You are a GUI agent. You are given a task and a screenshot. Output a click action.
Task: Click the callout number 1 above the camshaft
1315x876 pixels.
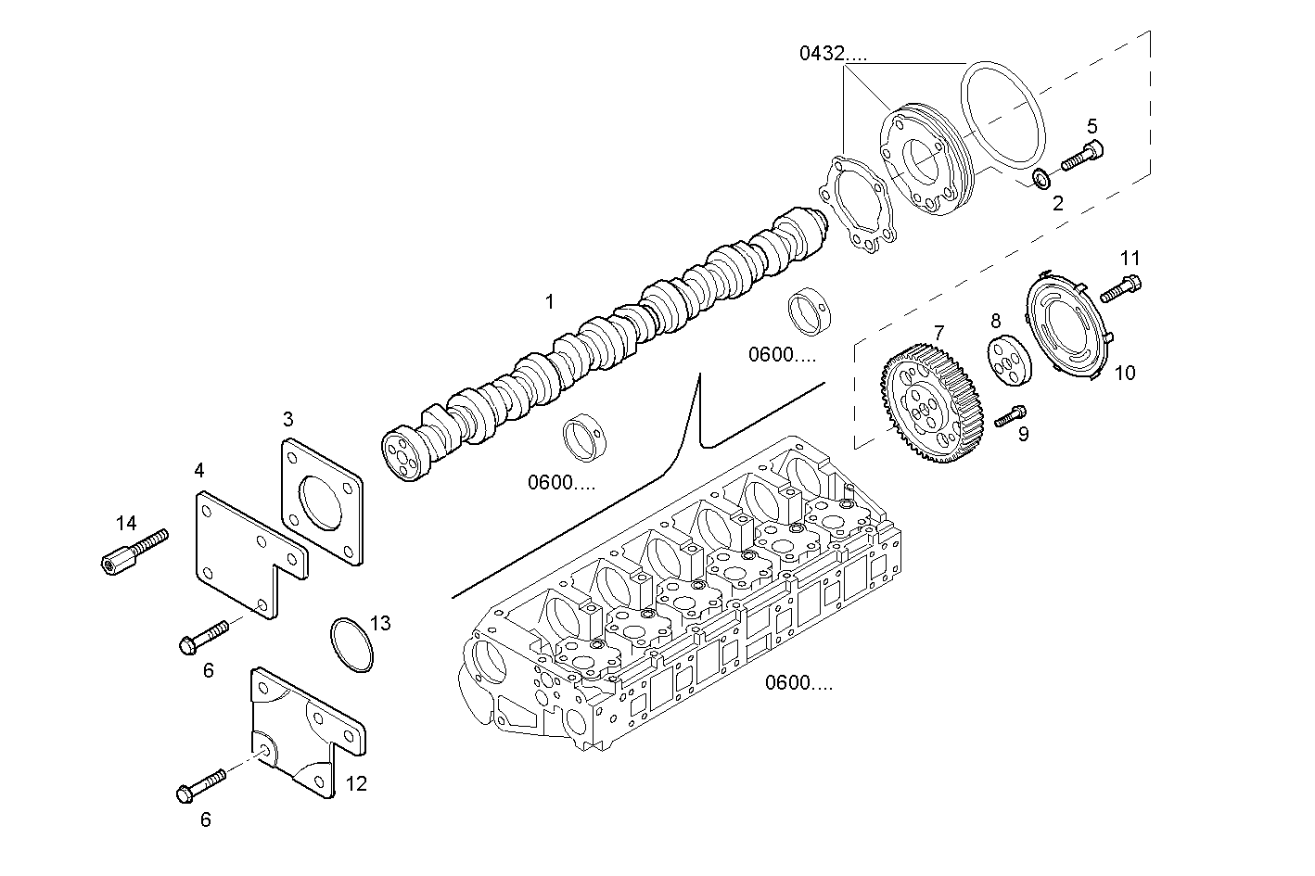pyautogui.click(x=550, y=302)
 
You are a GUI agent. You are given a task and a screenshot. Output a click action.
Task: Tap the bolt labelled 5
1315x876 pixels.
pyautogui.click(x=1081, y=157)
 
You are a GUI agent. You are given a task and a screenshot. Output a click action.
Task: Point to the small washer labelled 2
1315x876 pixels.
pyautogui.click(x=1041, y=177)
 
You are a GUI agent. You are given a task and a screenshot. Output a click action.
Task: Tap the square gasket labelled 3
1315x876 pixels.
pyautogui.click(x=320, y=501)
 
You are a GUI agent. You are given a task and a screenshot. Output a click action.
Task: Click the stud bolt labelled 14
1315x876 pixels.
pyautogui.click(x=134, y=550)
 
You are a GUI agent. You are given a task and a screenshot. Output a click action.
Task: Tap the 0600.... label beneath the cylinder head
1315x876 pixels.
pyautogui.click(x=798, y=684)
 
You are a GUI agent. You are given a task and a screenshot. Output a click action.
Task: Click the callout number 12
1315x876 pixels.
pyautogui.click(x=356, y=784)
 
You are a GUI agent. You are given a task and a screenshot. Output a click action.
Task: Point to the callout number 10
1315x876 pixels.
pyautogui.click(x=1124, y=374)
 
